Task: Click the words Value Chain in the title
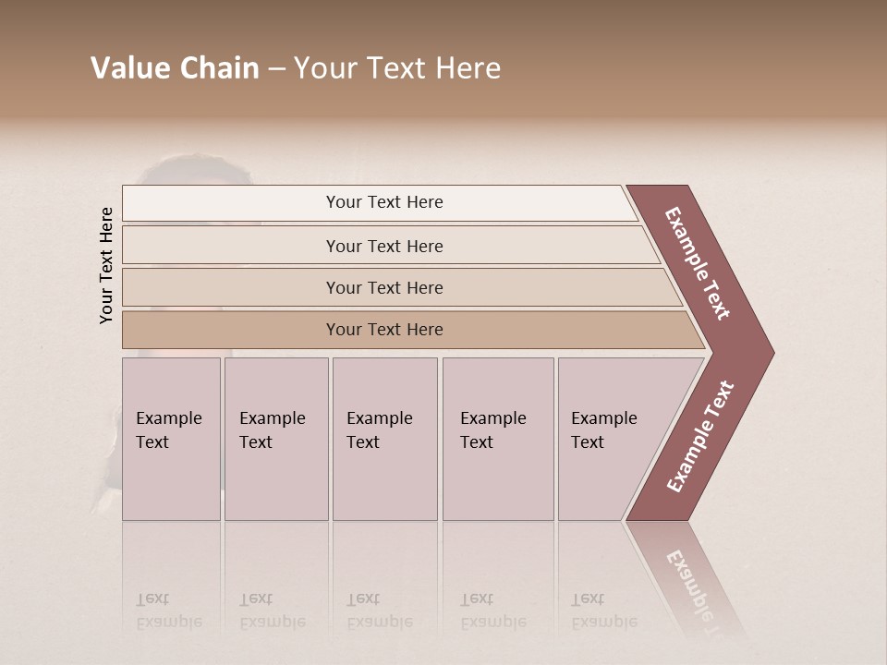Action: [x=175, y=68]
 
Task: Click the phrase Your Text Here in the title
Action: [x=397, y=68]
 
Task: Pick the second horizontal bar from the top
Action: [x=231, y=246]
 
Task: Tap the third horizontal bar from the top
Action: [x=231, y=287]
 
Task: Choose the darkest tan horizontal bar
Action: [x=231, y=330]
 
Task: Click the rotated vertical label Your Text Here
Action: [x=106, y=265]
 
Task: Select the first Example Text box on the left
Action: [x=171, y=439]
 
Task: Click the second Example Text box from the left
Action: [x=276, y=439]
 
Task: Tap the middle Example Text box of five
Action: [x=384, y=439]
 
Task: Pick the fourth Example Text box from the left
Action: [x=498, y=439]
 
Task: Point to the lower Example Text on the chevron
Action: [x=699, y=437]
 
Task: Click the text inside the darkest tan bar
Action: [x=384, y=330]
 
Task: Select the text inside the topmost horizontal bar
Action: [x=384, y=202]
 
